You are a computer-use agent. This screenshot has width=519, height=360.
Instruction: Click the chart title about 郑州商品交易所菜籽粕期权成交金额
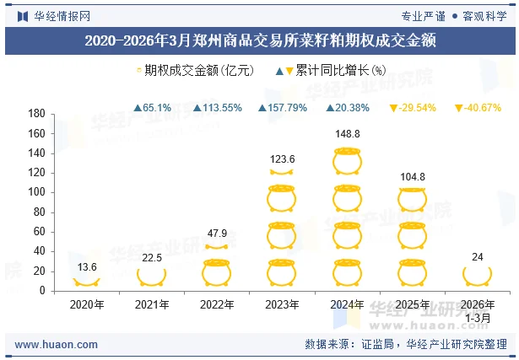pos(259,40)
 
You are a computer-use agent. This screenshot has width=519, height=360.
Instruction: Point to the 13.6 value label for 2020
pos(86,267)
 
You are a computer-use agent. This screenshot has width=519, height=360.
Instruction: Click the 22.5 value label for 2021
pos(152,258)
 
